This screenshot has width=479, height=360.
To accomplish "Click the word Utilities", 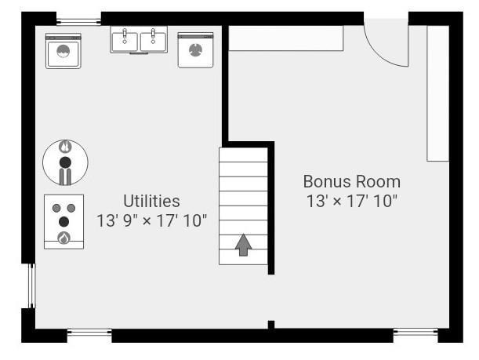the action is click(151, 201).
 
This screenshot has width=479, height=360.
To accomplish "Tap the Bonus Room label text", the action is click(352, 181).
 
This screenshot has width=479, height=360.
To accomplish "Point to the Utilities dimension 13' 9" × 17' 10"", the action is click(151, 220).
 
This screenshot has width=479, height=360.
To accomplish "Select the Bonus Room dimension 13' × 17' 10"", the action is click(352, 201).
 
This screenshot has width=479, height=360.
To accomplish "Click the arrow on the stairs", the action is click(244, 245).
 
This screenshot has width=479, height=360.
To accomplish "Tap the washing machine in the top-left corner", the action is click(64, 51).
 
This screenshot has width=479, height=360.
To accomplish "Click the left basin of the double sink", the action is click(125, 41).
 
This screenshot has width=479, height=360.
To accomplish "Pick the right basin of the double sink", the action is click(154, 41).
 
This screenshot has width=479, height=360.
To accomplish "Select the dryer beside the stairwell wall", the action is click(195, 50).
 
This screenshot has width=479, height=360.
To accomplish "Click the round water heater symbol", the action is click(65, 162).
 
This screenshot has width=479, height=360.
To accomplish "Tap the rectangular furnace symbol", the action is click(64, 222).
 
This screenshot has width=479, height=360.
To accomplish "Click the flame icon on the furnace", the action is click(64, 238).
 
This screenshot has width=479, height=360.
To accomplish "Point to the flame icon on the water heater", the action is click(65, 147).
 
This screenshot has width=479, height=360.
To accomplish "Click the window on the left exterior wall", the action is click(32, 286).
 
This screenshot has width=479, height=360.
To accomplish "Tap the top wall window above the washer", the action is click(78, 22).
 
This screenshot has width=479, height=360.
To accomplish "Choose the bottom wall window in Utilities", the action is click(89, 333).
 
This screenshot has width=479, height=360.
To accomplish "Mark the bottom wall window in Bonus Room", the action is click(415, 333).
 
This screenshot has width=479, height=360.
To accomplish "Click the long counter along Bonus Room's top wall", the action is click(286, 38).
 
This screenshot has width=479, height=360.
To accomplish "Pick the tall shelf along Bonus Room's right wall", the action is click(437, 93).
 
